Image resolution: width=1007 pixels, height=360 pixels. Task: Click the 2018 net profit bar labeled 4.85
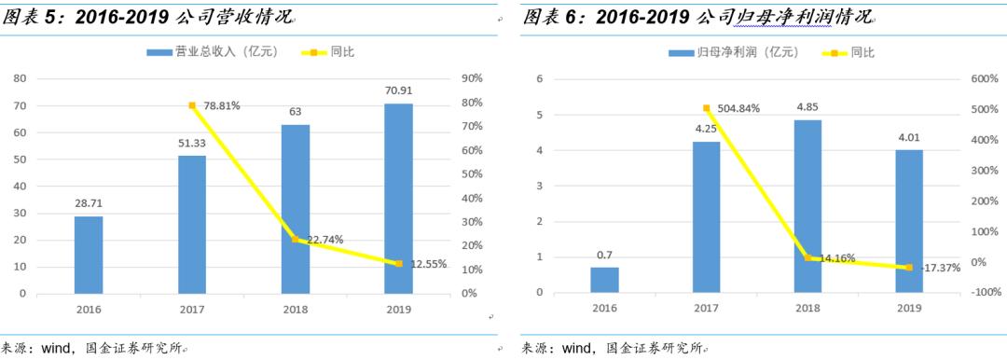tap(807, 206)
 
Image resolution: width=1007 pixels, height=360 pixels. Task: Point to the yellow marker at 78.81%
tap(192, 105)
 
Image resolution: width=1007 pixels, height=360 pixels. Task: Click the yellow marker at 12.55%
tap(398, 264)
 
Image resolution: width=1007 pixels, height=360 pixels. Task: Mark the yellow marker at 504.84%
tap(706, 108)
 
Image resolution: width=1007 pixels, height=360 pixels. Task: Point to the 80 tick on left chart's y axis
tap(19, 79)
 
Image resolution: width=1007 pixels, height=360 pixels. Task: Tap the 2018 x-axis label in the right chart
tap(807, 308)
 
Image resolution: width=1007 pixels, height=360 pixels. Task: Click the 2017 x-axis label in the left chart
tap(192, 308)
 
